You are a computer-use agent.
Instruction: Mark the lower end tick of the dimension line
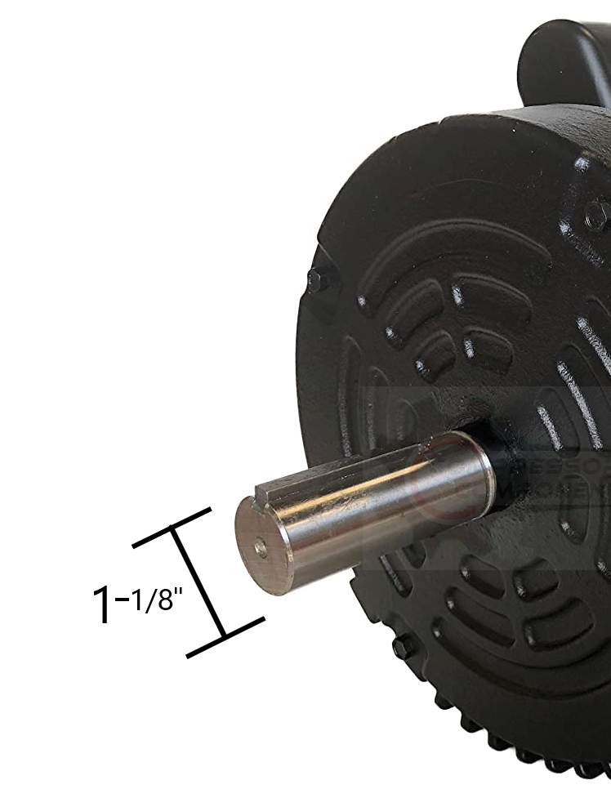coord(225,637)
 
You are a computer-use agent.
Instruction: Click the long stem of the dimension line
coord(198,582)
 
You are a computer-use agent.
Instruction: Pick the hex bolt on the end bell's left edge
coord(315,280)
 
